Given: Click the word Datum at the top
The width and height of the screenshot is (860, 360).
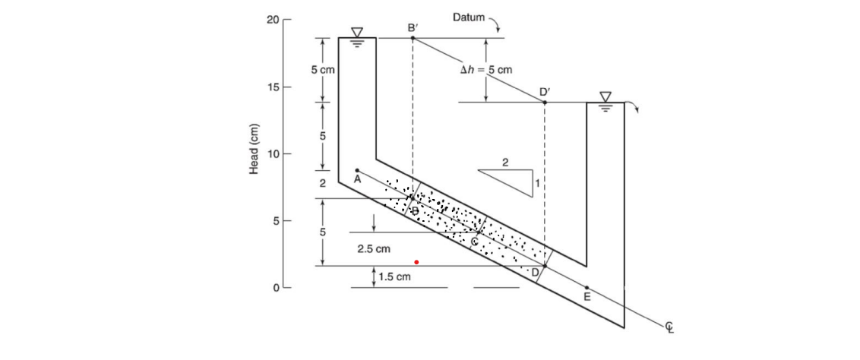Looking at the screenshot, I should coord(468,17).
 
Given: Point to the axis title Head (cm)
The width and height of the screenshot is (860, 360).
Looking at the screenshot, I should coord(255,148).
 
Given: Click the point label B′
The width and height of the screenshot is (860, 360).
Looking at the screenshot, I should coord(412,27).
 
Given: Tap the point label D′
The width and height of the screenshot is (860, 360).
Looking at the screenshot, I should coord(545,92).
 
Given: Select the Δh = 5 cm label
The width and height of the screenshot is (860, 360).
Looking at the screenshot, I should coord(486,70).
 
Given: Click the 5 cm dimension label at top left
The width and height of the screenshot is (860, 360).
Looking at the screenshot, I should coord(322,70).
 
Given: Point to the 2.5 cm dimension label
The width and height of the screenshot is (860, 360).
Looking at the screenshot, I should coord(373,248).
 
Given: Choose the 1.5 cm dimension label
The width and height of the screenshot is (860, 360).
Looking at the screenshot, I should coord(394,277).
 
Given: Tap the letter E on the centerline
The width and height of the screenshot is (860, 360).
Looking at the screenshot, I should coord(586,297).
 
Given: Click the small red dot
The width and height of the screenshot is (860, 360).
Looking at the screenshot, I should coord(416,262).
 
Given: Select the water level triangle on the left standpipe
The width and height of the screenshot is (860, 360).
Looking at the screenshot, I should coord(357,33).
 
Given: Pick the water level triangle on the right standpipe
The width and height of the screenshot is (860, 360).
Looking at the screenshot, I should coord(605,97).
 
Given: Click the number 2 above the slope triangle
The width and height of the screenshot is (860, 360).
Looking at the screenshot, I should coord(506,163).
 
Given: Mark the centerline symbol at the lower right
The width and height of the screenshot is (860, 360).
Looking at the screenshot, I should coord(669,327).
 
